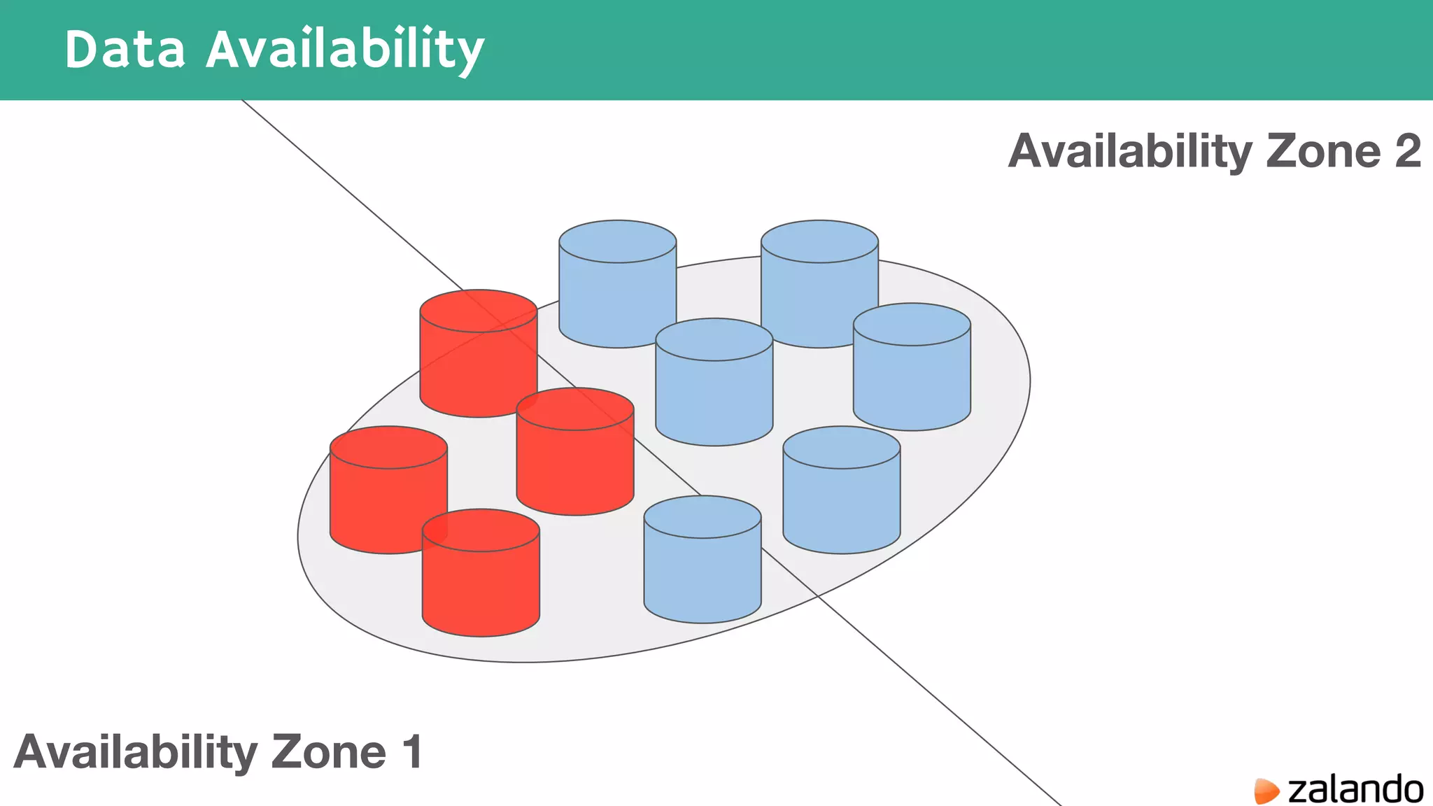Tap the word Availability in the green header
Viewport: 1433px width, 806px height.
click(344, 50)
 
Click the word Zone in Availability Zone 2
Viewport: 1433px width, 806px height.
click(1323, 151)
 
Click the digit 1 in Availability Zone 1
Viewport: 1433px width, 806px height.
click(412, 751)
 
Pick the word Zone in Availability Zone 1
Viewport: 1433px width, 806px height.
click(328, 751)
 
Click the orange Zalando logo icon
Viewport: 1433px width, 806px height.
click(1266, 791)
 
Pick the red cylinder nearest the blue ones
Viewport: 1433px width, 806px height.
click(575, 451)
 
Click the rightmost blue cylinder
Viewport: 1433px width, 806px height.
click(912, 367)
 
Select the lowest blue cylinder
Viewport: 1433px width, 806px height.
click(703, 560)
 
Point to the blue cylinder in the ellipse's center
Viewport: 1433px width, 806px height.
click(714, 381)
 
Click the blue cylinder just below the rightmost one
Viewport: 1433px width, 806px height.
click(841, 490)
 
